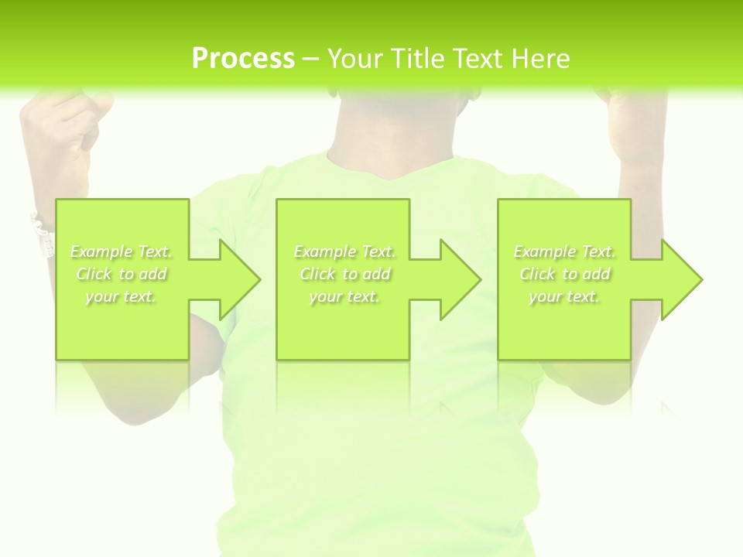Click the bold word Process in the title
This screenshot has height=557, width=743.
point(243,59)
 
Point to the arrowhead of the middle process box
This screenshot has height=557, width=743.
point(459,279)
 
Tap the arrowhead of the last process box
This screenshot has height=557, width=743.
point(680,279)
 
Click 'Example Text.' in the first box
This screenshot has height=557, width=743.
point(121,251)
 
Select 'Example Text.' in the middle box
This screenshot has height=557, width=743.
point(344,251)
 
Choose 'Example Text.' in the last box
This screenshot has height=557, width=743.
point(564,251)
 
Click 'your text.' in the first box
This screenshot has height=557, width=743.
point(121,296)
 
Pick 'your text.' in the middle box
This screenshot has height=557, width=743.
point(344,296)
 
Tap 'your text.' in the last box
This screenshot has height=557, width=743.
point(564,296)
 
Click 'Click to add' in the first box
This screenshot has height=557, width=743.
point(121,274)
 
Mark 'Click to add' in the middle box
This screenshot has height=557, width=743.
point(344,274)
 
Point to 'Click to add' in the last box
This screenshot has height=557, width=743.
point(564,274)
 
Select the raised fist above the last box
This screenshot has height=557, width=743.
point(635,124)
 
